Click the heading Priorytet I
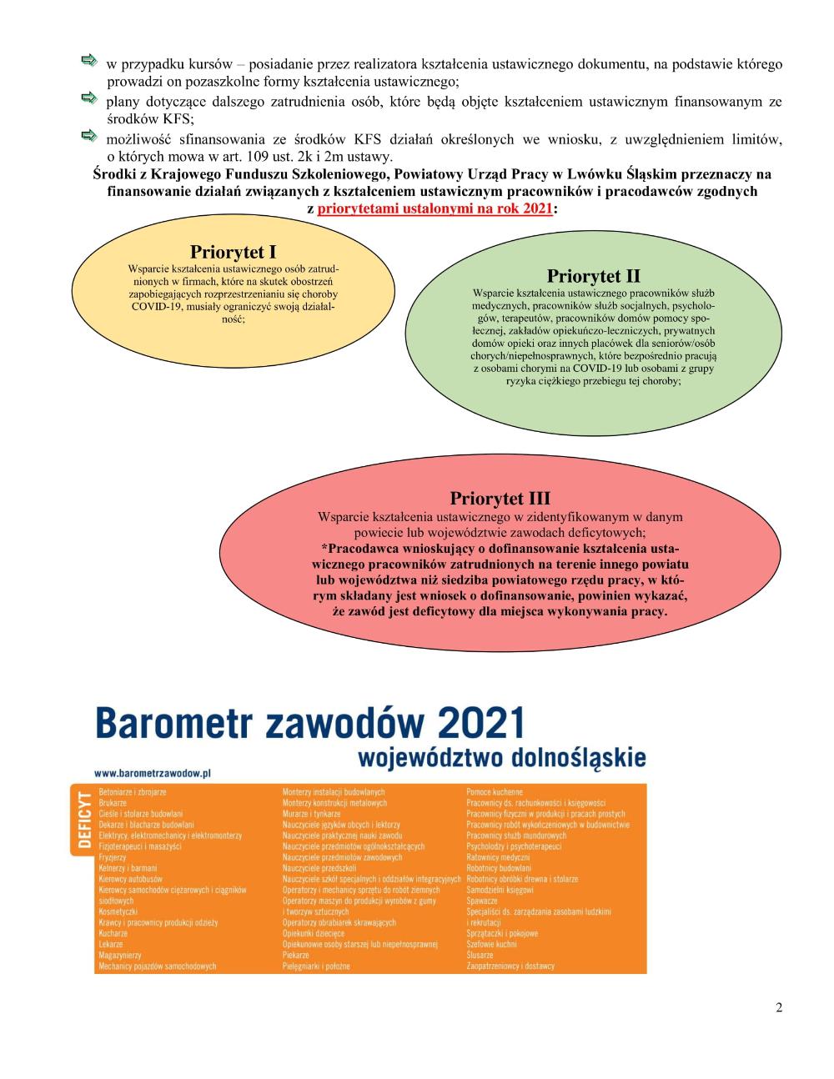233,252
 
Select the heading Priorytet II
593,276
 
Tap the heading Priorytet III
500,499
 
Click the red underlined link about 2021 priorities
435,209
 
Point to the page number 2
779,1007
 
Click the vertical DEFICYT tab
83,821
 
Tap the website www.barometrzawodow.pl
152,773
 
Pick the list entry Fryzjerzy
113,857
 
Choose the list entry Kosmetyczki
118,911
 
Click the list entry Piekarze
295,956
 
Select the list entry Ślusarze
480,956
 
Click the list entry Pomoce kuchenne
495,791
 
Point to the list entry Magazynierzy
118,956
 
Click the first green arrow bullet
88,61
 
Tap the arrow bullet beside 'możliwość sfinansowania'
88,135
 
